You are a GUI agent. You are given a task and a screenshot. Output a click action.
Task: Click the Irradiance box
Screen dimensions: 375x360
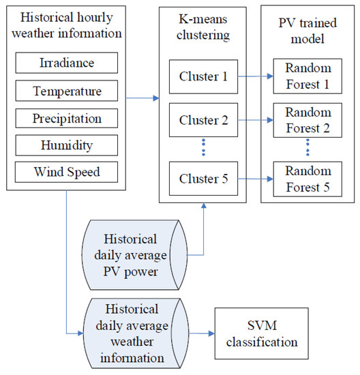point(67,63)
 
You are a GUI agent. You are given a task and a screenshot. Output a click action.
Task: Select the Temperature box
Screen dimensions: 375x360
point(67,91)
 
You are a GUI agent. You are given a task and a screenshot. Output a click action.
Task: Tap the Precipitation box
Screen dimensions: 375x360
point(67,118)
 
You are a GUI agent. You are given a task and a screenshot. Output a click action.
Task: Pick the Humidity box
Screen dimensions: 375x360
point(67,145)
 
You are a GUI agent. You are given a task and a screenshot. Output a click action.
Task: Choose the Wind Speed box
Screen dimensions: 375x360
point(67,171)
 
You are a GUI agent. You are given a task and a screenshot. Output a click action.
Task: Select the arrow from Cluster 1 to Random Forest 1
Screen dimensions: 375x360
point(254,77)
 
